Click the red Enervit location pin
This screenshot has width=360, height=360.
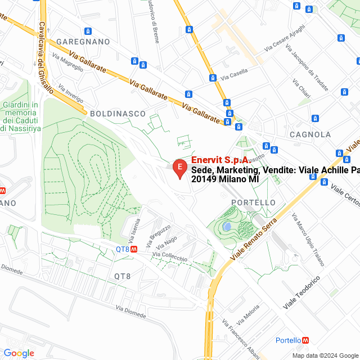point(179,168)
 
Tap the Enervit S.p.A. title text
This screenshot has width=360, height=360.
point(220,160)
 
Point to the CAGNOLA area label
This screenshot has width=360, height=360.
point(310,134)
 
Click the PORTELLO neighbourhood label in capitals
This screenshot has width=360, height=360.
point(254,202)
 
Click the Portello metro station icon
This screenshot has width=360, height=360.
point(305,340)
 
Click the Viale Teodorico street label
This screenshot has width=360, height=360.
point(301,292)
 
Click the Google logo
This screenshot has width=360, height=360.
point(19,353)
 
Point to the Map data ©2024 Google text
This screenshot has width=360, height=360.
point(325,355)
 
